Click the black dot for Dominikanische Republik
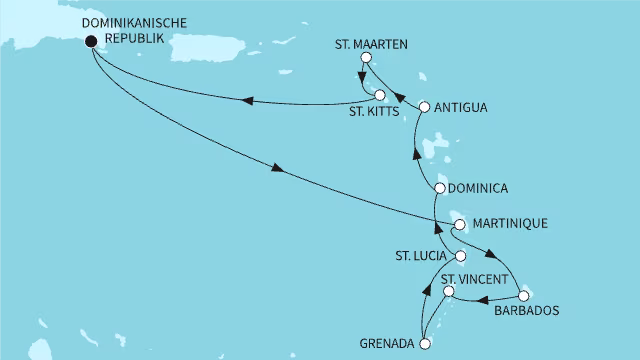point(92,42)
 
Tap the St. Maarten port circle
point(365,58)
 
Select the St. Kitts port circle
point(380,95)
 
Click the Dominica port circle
point(440,188)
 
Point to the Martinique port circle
point(459,225)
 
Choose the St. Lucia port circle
point(460,257)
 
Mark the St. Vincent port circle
point(449,292)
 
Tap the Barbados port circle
point(524,293)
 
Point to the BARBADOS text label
point(527,311)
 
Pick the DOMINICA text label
point(481,188)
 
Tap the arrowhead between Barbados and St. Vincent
point(478,298)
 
